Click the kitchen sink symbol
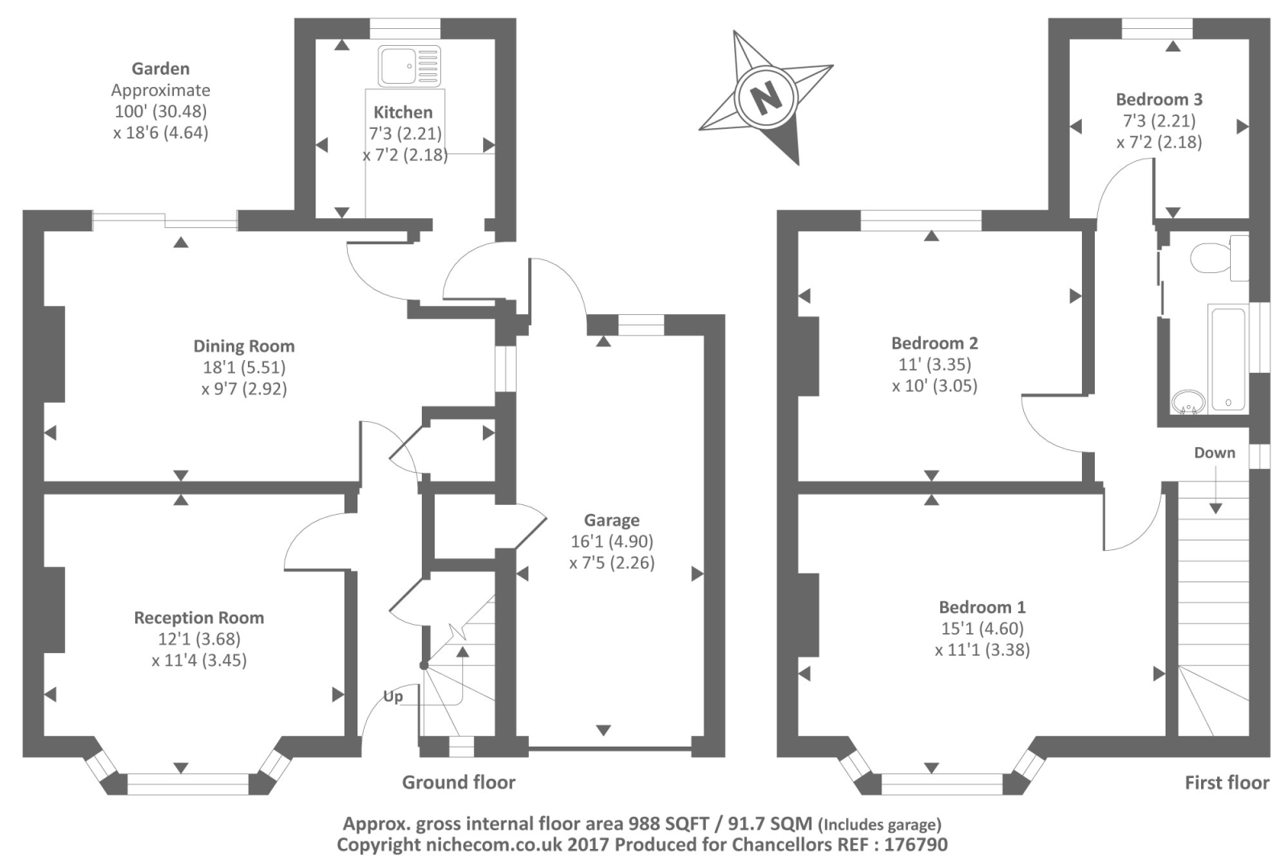[x=409, y=65]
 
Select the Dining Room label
[x=244, y=346]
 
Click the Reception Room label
[x=199, y=618]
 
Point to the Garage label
[x=612, y=520]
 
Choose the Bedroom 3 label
[x=1159, y=100]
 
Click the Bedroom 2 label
[x=935, y=343]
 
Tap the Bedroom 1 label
[x=982, y=607]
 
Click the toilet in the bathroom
[x=1216, y=258]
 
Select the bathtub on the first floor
[x=1228, y=358]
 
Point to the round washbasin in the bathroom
[x=1187, y=400]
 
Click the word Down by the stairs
[x=1214, y=453]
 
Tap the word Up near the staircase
[x=393, y=696]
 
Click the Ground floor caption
[x=459, y=782]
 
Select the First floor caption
[x=1227, y=782]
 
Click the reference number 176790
[x=915, y=845]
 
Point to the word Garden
[x=161, y=69]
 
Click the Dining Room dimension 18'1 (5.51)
[x=244, y=367]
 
